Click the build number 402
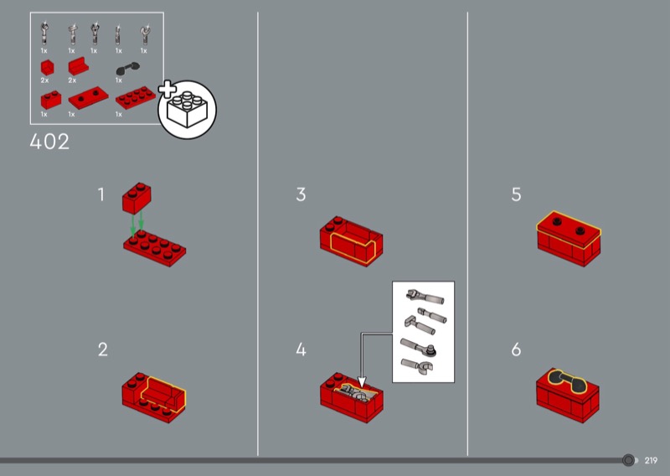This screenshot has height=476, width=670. [x=49, y=142]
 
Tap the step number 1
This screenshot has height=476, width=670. [x=101, y=194]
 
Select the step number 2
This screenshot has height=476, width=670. [x=102, y=349]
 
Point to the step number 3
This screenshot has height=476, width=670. [x=301, y=194]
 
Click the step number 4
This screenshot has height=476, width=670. [x=301, y=349]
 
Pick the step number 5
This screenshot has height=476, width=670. [x=516, y=194]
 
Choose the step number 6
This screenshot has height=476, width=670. [x=516, y=349]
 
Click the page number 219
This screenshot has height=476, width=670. [x=651, y=461]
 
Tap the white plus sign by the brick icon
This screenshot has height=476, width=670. [x=167, y=89]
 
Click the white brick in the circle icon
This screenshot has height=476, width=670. [x=187, y=110]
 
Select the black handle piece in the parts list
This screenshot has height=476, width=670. [x=128, y=69]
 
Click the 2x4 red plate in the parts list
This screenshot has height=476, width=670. [x=136, y=97]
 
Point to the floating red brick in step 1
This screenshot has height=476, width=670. [x=137, y=198]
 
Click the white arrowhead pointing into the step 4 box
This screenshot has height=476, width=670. [x=362, y=382]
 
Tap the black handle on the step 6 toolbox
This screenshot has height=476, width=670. [x=568, y=382]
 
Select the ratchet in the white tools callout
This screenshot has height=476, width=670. [x=418, y=347]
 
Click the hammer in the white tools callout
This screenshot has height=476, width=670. [x=420, y=325]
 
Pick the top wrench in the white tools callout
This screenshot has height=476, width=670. [x=425, y=297]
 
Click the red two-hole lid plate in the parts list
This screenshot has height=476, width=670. [x=89, y=98]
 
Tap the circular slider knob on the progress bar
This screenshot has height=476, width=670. [x=628, y=460]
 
